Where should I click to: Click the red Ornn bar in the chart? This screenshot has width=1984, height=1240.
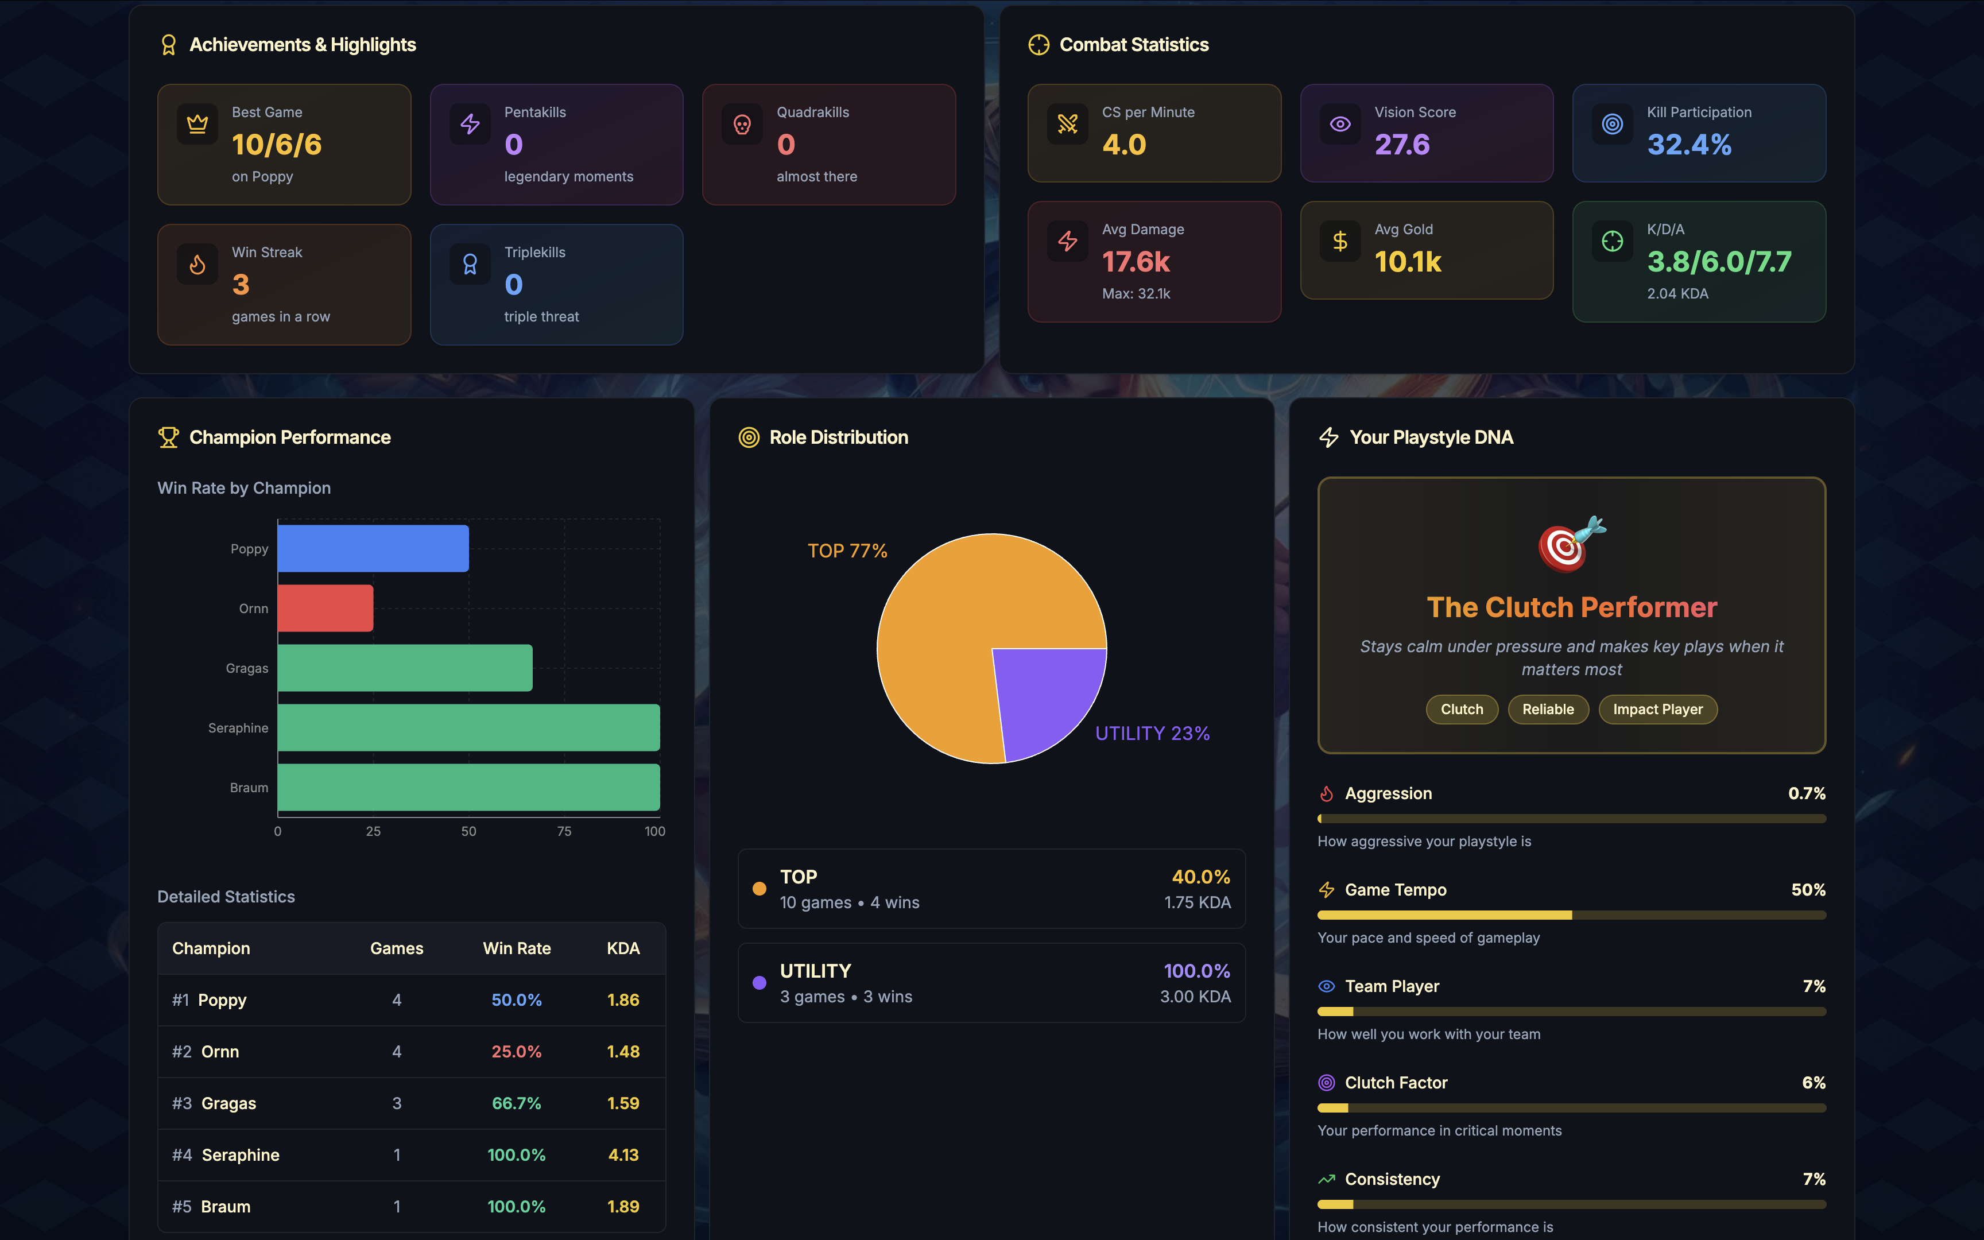[325, 608]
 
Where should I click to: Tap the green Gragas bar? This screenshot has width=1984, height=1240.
[405, 668]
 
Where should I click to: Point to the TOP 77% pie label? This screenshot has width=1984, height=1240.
[847, 551]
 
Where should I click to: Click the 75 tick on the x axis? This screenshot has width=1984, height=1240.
[564, 831]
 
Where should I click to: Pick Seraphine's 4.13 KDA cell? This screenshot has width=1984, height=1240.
[623, 1154]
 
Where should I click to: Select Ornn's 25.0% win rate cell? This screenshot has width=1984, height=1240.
[517, 1051]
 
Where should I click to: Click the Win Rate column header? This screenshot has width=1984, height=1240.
[517, 948]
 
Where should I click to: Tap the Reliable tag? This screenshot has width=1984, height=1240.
[1548, 710]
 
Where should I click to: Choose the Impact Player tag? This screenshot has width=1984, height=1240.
[1658, 710]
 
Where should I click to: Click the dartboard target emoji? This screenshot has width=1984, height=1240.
[1570, 544]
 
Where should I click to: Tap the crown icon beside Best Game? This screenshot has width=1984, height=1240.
[197, 124]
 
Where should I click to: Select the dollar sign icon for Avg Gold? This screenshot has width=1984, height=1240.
[1340, 241]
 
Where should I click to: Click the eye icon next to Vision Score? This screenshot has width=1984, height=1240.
[1340, 124]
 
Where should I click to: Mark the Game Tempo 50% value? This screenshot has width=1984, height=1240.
[1808, 890]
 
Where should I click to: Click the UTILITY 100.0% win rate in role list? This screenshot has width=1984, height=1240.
[1196, 971]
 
